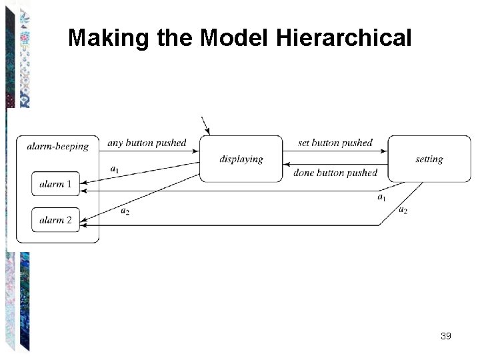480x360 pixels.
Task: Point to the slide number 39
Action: (446, 336)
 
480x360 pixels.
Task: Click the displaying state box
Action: (241, 159)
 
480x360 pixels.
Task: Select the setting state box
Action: (429, 159)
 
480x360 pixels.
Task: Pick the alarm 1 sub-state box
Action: (55, 184)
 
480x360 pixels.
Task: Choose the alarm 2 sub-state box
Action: (55, 220)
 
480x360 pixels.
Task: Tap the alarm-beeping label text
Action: (58, 146)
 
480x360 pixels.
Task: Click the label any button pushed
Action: (147, 143)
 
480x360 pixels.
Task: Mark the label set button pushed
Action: (335, 143)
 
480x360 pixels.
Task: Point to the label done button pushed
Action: (335, 173)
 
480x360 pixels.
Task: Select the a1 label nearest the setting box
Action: (381, 197)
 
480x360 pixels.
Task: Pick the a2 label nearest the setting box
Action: (403, 211)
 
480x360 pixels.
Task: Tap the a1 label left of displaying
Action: (114, 169)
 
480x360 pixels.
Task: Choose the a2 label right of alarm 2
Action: (125, 211)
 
